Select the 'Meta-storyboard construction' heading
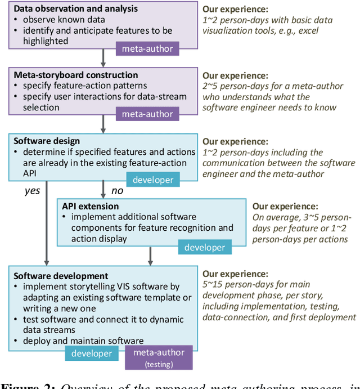(75, 75)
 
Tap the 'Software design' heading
(47, 141)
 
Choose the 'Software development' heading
(61, 276)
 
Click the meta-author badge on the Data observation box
(147, 49)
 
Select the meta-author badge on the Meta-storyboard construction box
(147, 114)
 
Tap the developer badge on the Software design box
(152, 180)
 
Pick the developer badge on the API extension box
(205, 247)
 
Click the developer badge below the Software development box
(91, 354)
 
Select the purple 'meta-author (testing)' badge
(158, 357)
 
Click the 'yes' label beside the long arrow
(32, 191)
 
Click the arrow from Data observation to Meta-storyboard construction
(103, 58)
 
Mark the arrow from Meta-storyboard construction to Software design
(103, 124)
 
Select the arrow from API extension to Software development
(150, 256)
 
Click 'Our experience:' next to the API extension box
(285, 207)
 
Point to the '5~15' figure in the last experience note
(214, 285)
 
